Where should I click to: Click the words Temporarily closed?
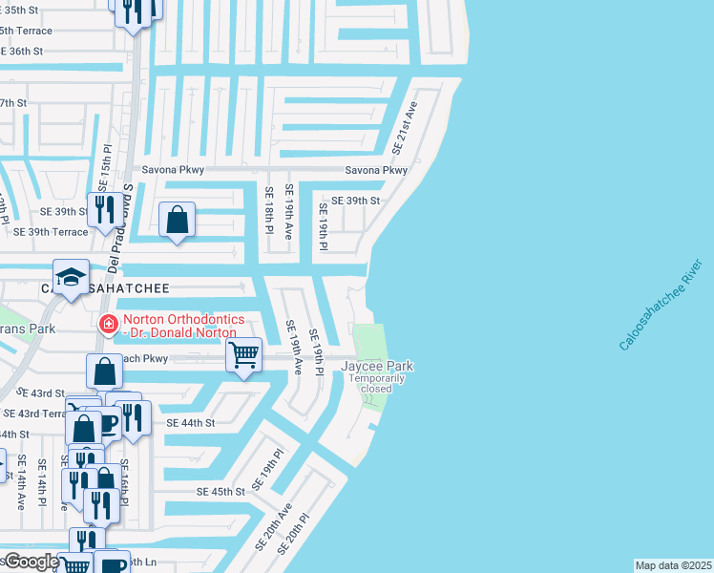[x=376, y=384]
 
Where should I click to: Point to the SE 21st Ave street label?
[x=406, y=128]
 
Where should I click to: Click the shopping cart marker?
[x=244, y=355]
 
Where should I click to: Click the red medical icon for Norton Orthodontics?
[x=109, y=325]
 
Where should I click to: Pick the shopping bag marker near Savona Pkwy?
[x=178, y=220]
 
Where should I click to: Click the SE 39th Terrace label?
[x=50, y=232]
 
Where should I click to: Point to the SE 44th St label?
[x=191, y=422]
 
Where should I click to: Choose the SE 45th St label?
[x=221, y=491]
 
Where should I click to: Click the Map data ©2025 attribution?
[x=674, y=565]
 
